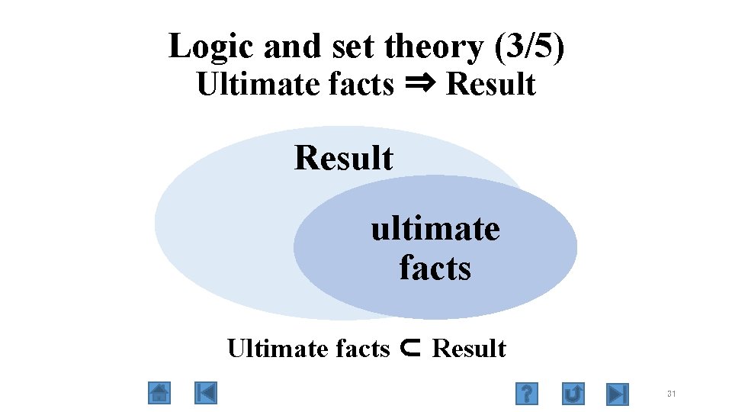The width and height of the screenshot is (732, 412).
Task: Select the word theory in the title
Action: click(434, 47)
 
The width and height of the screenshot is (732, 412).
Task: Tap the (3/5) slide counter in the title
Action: click(530, 47)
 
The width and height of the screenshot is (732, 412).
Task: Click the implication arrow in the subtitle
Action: click(419, 84)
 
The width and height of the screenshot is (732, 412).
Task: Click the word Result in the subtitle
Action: click(491, 84)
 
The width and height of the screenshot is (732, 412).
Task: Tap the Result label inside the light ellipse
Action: click(344, 158)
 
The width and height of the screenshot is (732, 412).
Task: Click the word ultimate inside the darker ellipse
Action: click(435, 228)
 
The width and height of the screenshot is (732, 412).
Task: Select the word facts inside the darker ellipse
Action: click(435, 268)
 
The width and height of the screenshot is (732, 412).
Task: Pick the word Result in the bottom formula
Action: click(469, 349)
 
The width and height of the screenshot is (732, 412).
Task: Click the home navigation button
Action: click(159, 393)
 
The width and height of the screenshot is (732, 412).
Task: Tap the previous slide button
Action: click(206, 393)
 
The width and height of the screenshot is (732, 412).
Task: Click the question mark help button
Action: click(526, 394)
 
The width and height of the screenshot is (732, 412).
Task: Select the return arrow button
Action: click(573, 394)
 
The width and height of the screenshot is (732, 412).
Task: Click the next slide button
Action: click(617, 394)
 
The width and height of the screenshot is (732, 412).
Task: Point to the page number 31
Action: click(671, 394)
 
